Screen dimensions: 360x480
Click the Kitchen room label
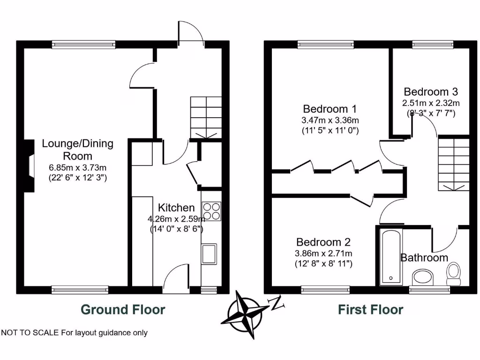(x=176, y=208)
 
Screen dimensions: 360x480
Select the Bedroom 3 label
(x=431, y=91)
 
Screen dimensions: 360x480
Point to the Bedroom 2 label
(x=323, y=242)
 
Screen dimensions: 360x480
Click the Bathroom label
(x=424, y=257)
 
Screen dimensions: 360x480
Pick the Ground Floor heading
(x=123, y=309)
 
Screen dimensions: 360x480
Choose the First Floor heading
(x=370, y=309)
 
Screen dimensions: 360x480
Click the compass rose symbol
(x=247, y=313)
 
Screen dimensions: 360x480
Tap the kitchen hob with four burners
(x=211, y=210)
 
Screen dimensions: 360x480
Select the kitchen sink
(x=209, y=254)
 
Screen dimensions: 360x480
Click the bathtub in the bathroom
(x=390, y=256)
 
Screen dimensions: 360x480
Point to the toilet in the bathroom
(x=454, y=272)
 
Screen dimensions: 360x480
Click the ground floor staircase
(x=206, y=117)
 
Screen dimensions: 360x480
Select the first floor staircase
(x=453, y=164)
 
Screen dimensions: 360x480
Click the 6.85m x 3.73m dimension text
(x=78, y=167)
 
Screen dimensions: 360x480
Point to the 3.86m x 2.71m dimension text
(x=323, y=254)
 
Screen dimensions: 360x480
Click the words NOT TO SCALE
(x=30, y=333)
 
